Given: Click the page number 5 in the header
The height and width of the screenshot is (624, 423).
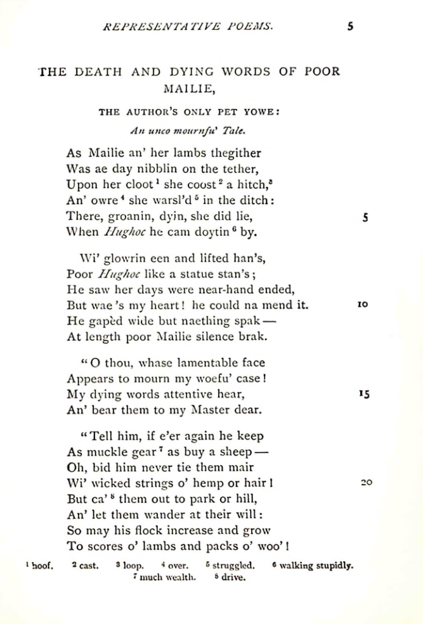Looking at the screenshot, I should [350, 27].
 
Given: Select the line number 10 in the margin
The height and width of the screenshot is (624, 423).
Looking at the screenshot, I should [363, 305].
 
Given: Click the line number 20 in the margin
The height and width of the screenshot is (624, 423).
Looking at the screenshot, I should [366, 482].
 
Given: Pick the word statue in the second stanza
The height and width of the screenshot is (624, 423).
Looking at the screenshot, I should [189, 274].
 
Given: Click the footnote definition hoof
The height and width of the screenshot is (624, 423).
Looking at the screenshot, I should [41, 566].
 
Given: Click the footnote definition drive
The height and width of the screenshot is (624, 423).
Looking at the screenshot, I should [233, 577].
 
